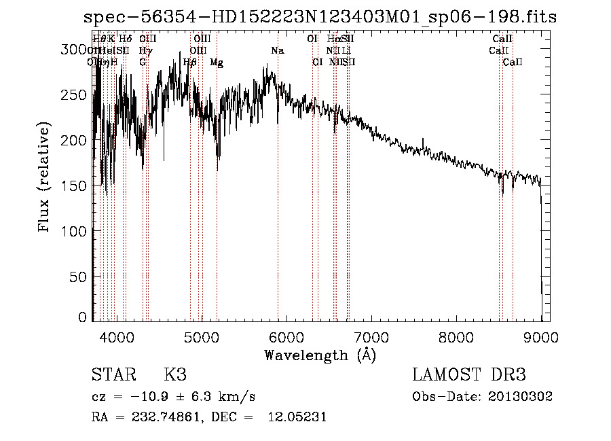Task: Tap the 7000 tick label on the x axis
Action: pos(371,336)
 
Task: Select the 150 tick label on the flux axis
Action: pos(73,186)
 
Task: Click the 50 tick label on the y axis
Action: pos(77,277)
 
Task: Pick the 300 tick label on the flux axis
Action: pos(73,49)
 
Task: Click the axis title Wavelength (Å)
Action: pos(320,355)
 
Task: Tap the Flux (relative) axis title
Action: pos(45,178)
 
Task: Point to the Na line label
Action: pos(278,51)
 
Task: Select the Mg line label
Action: pos(217,63)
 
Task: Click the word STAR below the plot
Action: pos(113,375)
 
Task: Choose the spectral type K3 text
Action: pos(175,375)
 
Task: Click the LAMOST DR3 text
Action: pos(469,375)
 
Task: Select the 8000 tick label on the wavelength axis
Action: pos(456,336)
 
